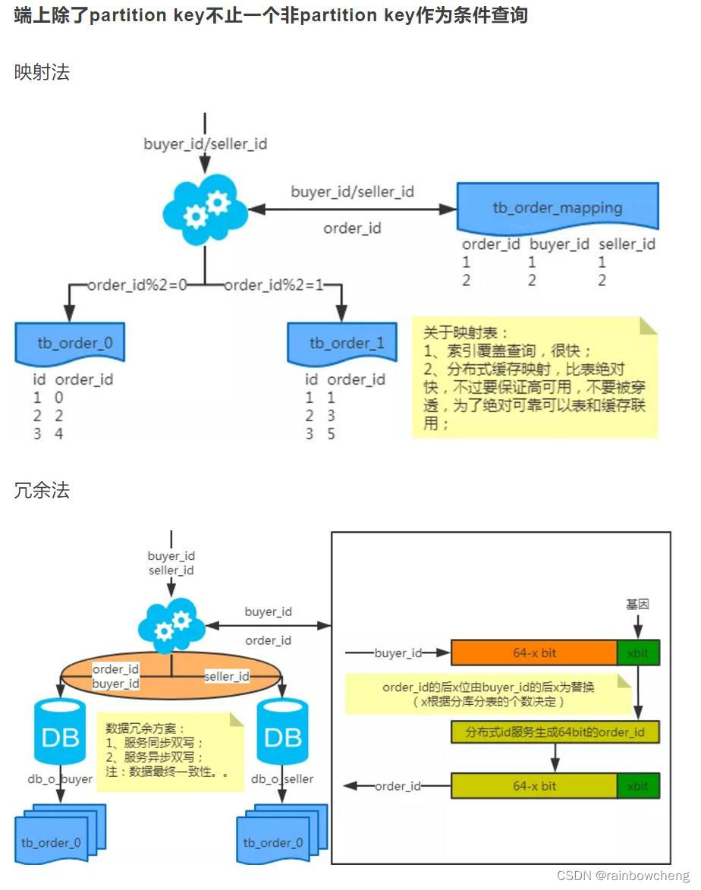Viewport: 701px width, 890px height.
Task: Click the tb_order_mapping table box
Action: tap(558, 207)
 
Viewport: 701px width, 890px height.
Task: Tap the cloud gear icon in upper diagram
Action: tap(206, 209)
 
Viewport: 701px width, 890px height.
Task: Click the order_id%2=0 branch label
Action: tap(137, 285)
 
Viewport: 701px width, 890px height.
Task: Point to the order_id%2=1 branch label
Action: tap(274, 285)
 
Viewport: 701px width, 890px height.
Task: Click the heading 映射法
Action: tap(42, 73)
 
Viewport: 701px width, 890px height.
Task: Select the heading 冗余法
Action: tap(42, 491)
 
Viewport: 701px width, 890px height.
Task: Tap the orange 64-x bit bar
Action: tap(534, 653)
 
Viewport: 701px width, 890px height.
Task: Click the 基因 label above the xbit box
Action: tap(637, 605)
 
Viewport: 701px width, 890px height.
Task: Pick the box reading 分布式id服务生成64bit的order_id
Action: tap(555, 732)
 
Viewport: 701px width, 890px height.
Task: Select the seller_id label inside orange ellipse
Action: tap(227, 677)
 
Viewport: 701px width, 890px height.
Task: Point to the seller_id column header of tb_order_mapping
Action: tap(627, 244)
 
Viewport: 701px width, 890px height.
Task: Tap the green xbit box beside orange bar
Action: tap(638, 653)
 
